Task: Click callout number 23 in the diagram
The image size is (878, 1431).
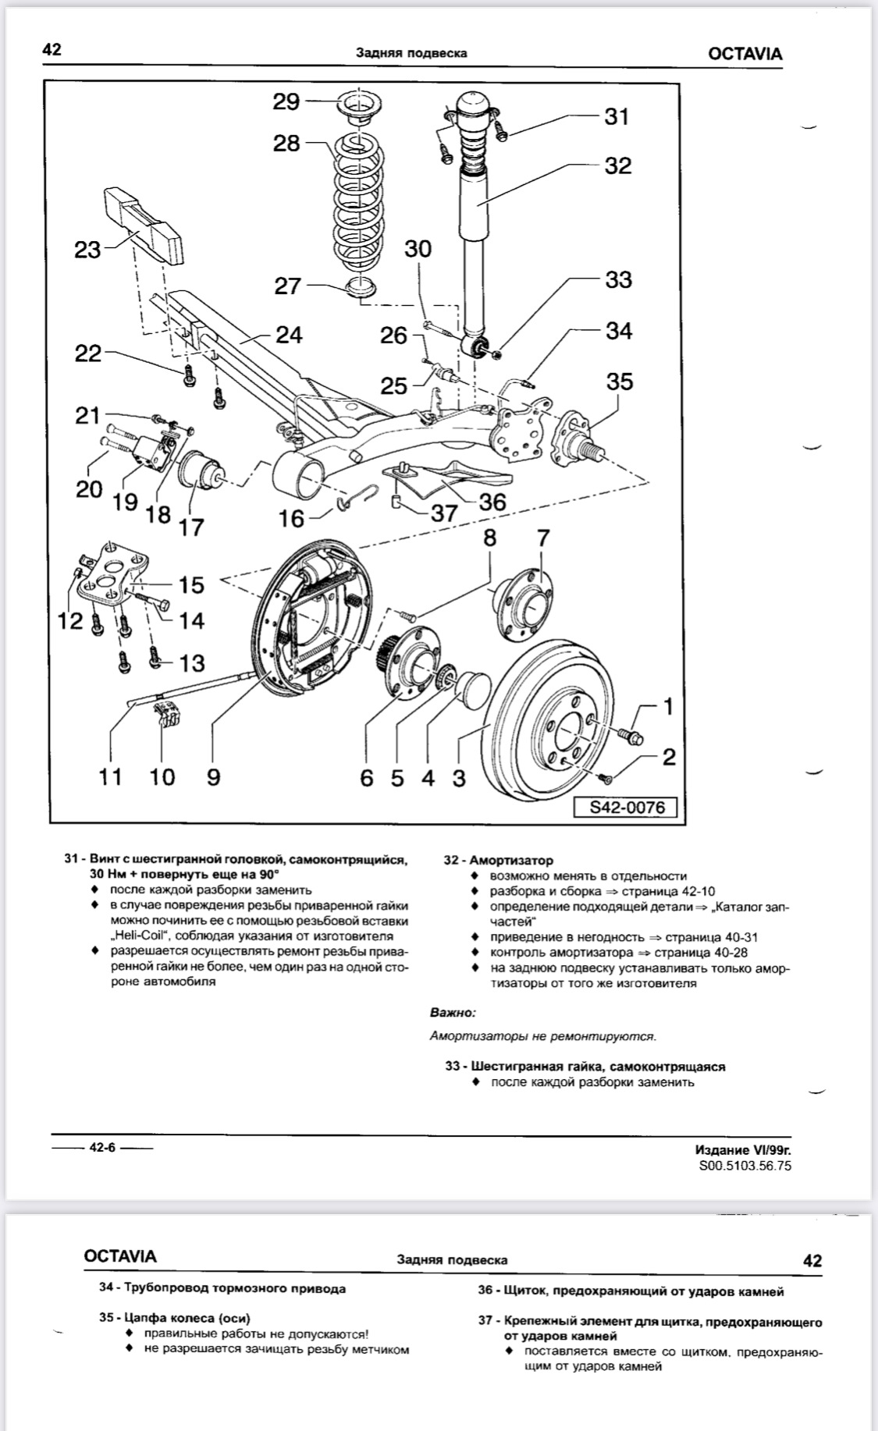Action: click(x=87, y=250)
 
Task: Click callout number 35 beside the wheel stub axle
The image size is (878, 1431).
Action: click(x=619, y=382)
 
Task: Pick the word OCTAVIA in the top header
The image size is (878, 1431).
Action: click(x=745, y=54)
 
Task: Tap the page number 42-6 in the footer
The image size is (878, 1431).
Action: click(x=102, y=1147)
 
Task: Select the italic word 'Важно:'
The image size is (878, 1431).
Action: click(x=452, y=1013)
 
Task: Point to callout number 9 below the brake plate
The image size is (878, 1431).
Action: click(x=213, y=776)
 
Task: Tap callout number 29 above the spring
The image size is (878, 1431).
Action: click(x=286, y=101)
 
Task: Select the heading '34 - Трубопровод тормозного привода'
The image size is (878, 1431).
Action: click(x=222, y=1288)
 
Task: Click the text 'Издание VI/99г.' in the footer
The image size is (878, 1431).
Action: click(x=737, y=1150)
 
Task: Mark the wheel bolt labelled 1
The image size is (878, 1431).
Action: click(x=628, y=735)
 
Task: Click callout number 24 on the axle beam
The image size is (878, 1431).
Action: click(x=289, y=335)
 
